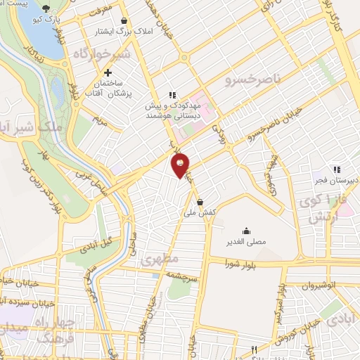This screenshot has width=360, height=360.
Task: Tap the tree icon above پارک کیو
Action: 46,8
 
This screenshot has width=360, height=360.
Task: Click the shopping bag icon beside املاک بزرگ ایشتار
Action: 124,21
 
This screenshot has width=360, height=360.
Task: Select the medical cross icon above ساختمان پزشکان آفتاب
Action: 108,72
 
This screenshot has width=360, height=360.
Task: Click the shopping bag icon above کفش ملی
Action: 200,202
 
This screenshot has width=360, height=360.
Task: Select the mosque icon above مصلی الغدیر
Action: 246,231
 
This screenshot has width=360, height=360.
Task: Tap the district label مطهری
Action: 156,259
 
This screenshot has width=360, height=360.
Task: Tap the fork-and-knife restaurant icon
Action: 255,349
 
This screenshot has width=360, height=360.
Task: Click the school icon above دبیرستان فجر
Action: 337,169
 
